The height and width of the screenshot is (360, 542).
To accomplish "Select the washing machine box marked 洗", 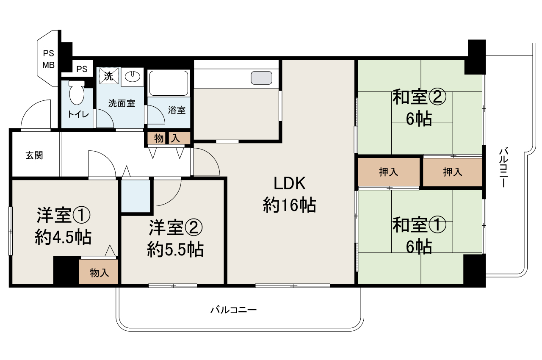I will point(108,77).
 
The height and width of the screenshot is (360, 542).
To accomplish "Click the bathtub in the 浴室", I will point(169,83).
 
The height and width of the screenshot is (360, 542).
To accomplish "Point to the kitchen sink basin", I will point(261,78).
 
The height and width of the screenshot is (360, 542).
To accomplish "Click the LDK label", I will point(290,183).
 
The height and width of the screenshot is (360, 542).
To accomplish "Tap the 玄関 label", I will point(34,155).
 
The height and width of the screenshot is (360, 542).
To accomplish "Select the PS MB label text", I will point(49,59).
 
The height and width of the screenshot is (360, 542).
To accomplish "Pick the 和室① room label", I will point(419,224).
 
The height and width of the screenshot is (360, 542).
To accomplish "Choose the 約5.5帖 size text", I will point(175,250).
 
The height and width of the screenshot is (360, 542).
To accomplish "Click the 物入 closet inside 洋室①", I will point(99,273).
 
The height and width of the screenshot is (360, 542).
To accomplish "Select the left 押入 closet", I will point(388,172).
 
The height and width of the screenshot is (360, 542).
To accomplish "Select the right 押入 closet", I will point(453,172).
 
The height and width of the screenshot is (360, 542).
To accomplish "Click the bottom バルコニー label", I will point(234,310).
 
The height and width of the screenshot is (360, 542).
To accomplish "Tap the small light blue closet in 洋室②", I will point(136,196).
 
